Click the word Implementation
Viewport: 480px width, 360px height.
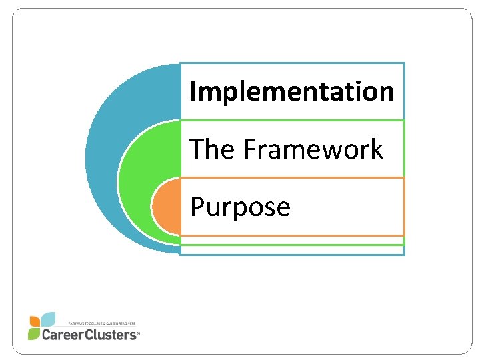292,91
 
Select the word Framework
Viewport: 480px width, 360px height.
313,149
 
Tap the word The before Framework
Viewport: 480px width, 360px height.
213,149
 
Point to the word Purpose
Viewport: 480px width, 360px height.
241,207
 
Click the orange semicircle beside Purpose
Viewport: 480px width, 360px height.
165,207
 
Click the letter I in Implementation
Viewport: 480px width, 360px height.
193,91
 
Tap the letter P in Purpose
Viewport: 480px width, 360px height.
197,207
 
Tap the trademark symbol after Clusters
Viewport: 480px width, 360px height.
138,336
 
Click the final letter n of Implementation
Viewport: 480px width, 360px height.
386,92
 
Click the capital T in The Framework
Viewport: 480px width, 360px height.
197,149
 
